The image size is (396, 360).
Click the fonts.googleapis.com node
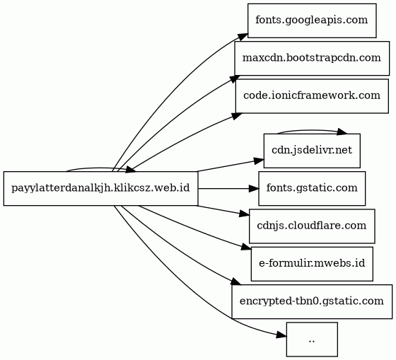312,21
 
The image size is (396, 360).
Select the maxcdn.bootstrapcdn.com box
312,59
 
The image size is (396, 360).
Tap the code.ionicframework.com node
312,96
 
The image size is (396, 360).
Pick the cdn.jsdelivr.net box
312,151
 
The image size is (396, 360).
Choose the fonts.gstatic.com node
312,188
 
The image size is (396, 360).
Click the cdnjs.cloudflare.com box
312,226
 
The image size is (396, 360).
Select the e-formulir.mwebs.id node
312,264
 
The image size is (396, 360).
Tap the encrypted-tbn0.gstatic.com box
312,301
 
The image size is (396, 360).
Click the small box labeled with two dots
312,339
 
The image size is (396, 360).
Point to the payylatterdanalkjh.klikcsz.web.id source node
100,188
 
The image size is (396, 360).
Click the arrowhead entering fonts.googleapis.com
243,37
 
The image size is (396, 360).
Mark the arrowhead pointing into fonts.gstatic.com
254,188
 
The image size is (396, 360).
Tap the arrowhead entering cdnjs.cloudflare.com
245,214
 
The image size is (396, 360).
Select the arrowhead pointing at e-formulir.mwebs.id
246,247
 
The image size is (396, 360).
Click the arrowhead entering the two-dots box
281,335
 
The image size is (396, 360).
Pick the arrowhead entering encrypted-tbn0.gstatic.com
236,281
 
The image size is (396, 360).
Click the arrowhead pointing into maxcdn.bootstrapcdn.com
234,79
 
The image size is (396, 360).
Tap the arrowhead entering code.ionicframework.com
237,116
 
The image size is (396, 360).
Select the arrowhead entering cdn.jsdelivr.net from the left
259,161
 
